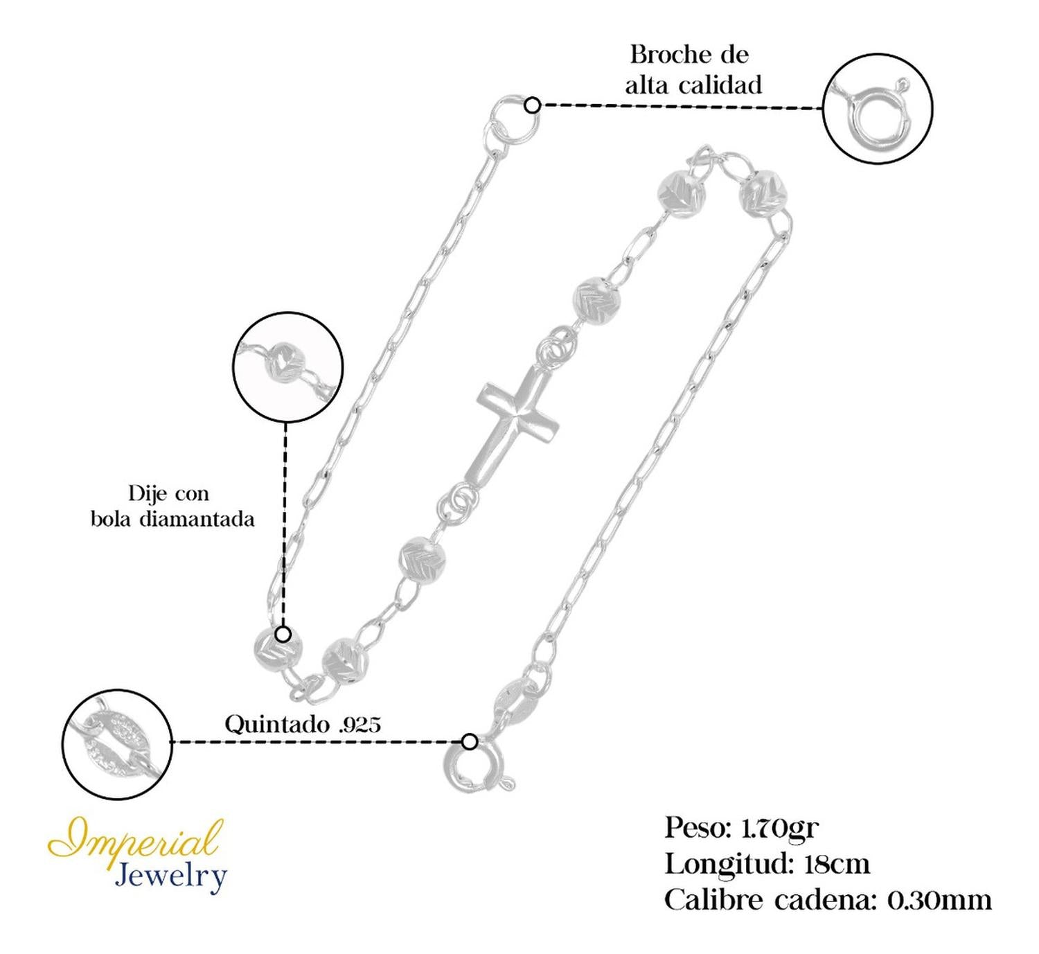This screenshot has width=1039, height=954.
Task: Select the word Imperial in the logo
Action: (136, 840)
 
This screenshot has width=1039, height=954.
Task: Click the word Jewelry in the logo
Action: (170, 876)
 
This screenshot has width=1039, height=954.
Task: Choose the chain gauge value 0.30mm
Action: (939, 901)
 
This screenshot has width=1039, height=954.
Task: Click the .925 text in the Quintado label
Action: (360, 725)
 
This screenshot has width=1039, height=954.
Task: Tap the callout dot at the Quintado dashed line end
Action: (470, 741)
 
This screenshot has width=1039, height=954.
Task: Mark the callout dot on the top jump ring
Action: (532, 105)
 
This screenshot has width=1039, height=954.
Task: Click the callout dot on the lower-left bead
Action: (283, 634)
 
